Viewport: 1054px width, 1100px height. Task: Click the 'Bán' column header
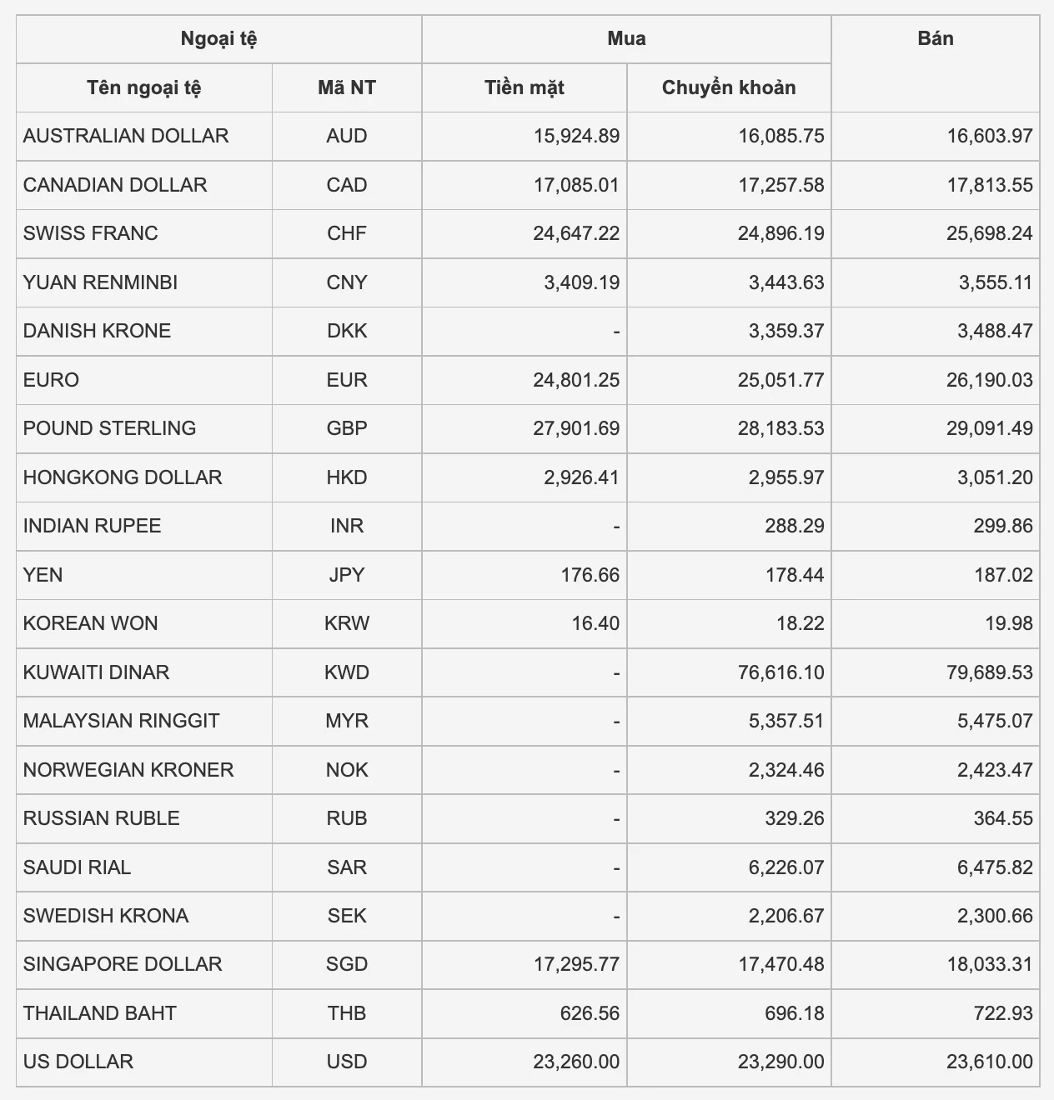pyautogui.click(x=935, y=39)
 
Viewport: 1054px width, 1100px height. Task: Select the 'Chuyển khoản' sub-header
pyautogui.click(x=728, y=87)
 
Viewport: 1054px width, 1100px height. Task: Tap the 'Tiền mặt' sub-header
pyautogui.click(x=524, y=87)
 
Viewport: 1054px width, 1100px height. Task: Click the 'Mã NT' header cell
pyautogui.click(x=346, y=87)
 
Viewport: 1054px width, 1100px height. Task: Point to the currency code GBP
pyautogui.click(x=346, y=428)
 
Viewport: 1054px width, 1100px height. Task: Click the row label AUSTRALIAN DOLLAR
pyautogui.click(x=126, y=136)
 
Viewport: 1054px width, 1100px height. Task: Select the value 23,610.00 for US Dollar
pyautogui.click(x=989, y=1062)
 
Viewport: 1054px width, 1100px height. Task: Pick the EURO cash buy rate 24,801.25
pyautogui.click(x=576, y=380)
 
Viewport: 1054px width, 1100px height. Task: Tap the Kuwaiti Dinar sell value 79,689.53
pyautogui.click(x=989, y=672)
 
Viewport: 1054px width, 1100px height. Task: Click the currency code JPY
pyautogui.click(x=346, y=575)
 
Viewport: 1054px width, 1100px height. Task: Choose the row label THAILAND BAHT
pyautogui.click(x=100, y=1013)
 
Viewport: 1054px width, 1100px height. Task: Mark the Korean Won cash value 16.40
pyautogui.click(x=595, y=623)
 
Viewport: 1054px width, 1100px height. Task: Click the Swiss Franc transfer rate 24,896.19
pyautogui.click(x=780, y=233)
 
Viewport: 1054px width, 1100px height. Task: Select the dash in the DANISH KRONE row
pyautogui.click(x=616, y=332)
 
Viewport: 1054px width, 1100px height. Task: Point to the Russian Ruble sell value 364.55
pyautogui.click(x=1003, y=818)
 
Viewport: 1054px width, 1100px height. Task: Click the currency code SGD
pyautogui.click(x=346, y=964)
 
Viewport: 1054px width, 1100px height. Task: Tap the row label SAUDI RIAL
pyautogui.click(x=77, y=867)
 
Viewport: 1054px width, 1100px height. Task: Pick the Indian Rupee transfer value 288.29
pyautogui.click(x=794, y=526)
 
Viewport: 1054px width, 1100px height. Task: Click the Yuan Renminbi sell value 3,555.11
pyautogui.click(x=995, y=282)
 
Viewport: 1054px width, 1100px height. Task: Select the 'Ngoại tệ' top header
pyautogui.click(x=218, y=39)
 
